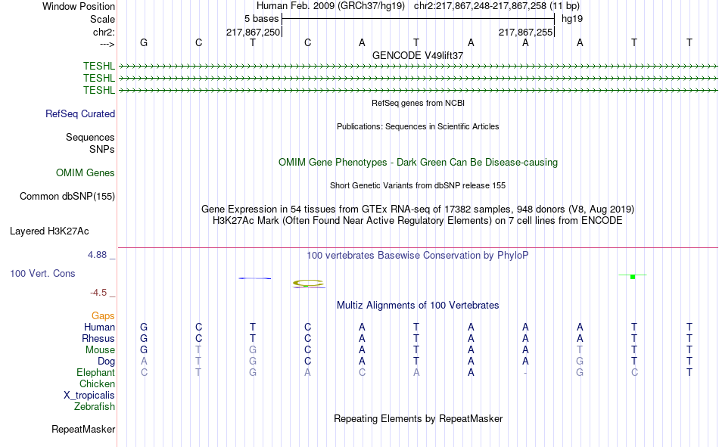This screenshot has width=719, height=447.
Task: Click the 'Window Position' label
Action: click(x=79, y=6)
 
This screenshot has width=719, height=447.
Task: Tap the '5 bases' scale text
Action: click(x=261, y=19)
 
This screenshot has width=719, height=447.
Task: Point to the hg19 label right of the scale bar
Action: click(x=572, y=19)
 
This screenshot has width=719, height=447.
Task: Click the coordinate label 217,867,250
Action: click(x=253, y=32)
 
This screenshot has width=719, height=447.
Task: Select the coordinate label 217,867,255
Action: click(x=525, y=32)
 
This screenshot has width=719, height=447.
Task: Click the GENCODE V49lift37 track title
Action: click(x=418, y=55)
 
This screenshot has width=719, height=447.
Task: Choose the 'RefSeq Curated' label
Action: click(x=80, y=113)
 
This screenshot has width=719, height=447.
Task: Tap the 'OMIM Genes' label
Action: click(x=86, y=173)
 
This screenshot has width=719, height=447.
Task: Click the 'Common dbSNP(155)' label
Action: click(x=67, y=196)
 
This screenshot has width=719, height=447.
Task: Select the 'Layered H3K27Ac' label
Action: click(x=49, y=231)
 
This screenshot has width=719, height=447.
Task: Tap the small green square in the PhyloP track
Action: click(x=633, y=277)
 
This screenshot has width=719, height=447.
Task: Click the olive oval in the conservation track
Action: click(x=308, y=280)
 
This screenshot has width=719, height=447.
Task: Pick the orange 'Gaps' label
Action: click(x=103, y=315)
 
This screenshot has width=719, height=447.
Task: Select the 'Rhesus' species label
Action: click(x=98, y=338)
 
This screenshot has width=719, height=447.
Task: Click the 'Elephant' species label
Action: click(x=95, y=372)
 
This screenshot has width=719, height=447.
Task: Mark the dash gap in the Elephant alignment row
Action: click(x=525, y=373)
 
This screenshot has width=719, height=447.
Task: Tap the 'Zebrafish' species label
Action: click(x=95, y=406)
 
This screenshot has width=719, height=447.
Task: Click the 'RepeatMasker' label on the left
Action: click(x=83, y=429)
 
